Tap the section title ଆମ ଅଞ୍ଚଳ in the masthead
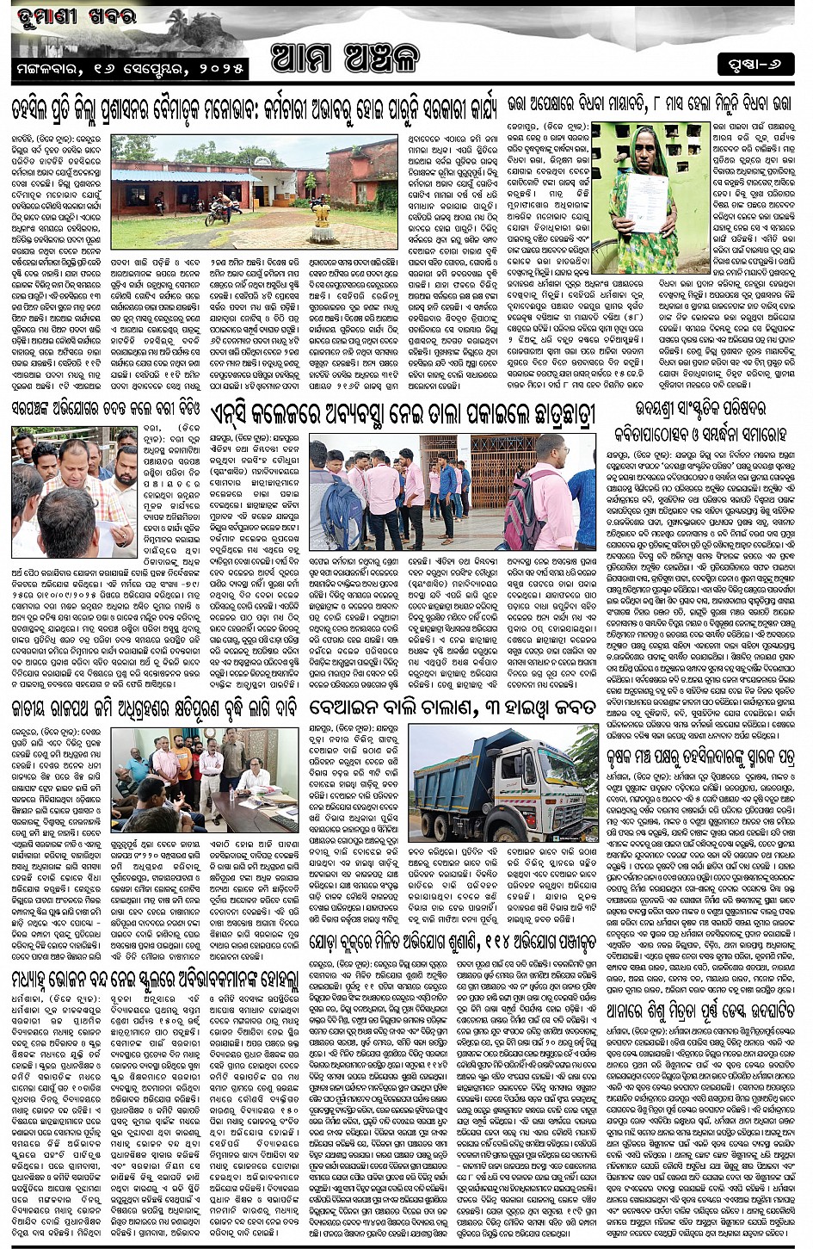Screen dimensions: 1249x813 coord(344,58)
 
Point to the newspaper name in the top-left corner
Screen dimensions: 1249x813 coord(74,15)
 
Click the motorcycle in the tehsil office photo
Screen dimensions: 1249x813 coord(223,210)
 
